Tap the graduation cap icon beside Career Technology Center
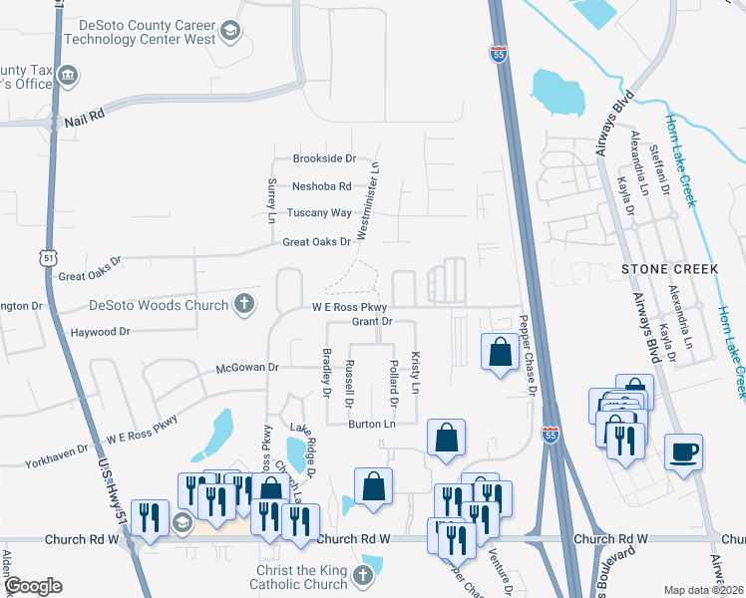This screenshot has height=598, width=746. pos(231,32)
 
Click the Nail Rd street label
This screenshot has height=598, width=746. pos(84,117)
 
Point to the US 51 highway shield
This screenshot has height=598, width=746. pos(49,258)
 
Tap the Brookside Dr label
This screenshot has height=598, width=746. pos(323,158)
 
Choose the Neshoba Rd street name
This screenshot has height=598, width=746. pos(321,186)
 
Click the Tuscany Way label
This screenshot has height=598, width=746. pos(319,213)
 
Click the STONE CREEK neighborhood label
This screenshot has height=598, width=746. pos(669,269)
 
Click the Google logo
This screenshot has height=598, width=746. pos(34,586)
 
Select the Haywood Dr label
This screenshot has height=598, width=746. pos(98,331)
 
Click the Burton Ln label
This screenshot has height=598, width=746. pos(372,425)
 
